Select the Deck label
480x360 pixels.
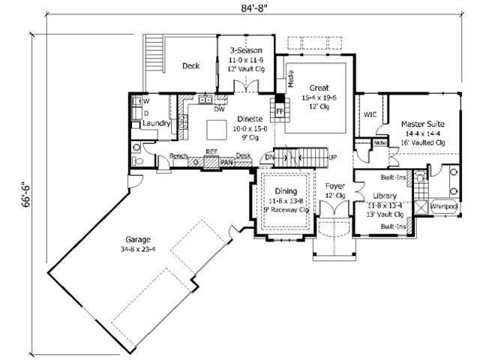coord(190,66)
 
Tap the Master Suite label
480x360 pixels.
coord(421,123)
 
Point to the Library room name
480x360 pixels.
coord(384,195)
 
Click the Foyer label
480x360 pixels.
coord(334,184)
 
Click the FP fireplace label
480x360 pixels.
coord(280,111)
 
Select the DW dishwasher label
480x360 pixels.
coord(220,109)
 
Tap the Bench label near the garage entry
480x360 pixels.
coord(178,155)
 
